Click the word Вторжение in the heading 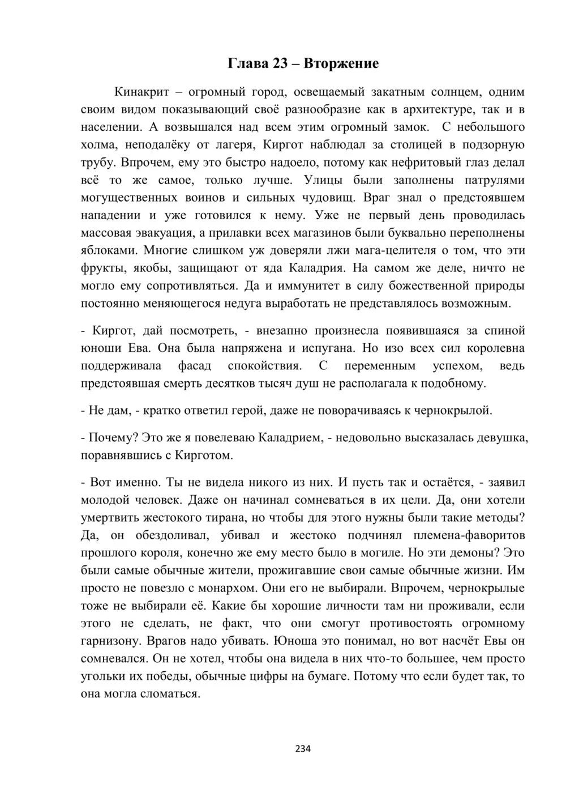tap(341, 63)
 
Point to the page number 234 tap(303, 748)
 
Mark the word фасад tap(195, 365)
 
